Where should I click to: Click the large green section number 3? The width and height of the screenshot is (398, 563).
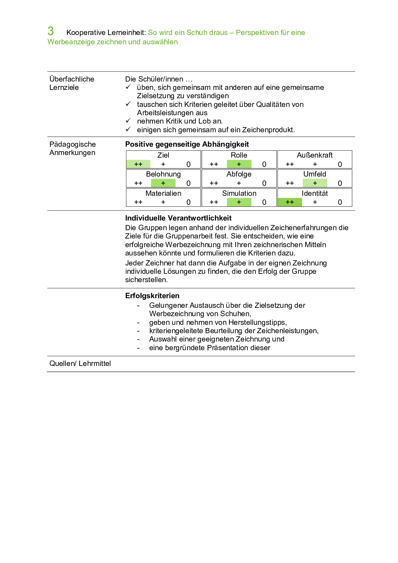(x=51, y=31)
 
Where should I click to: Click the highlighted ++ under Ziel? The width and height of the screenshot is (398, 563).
(x=138, y=164)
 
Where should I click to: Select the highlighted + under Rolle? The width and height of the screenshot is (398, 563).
(x=239, y=164)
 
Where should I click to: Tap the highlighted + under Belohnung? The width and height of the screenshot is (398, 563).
(x=163, y=183)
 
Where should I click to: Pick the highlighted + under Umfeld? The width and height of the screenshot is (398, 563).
(x=315, y=183)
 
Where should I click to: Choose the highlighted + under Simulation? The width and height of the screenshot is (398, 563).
(x=239, y=202)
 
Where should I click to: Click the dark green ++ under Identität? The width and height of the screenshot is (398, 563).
(x=290, y=202)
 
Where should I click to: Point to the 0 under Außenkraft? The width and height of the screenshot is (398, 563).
(x=340, y=164)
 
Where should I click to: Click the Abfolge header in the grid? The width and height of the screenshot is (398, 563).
(x=239, y=174)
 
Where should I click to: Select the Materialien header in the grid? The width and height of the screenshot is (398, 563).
(x=163, y=193)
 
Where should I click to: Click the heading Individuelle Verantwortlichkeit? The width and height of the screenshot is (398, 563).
(x=178, y=218)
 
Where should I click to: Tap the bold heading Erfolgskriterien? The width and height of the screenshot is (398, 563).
(x=152, y=296)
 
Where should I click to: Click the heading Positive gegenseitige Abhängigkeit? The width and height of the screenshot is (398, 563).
(x=187, y=144)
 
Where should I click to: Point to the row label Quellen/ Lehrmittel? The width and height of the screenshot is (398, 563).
(x=80, y=364)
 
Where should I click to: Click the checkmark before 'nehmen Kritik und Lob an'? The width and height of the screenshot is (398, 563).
(x=128, y=121)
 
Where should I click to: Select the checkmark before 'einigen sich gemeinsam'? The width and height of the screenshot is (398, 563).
(x=128, y=129)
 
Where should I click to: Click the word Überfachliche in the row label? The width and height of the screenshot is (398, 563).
(x=72, y=79)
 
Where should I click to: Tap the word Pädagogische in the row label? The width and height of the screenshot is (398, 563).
(x=73, y=144)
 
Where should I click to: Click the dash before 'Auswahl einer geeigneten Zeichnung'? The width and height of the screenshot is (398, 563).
(x=138, y=339)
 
